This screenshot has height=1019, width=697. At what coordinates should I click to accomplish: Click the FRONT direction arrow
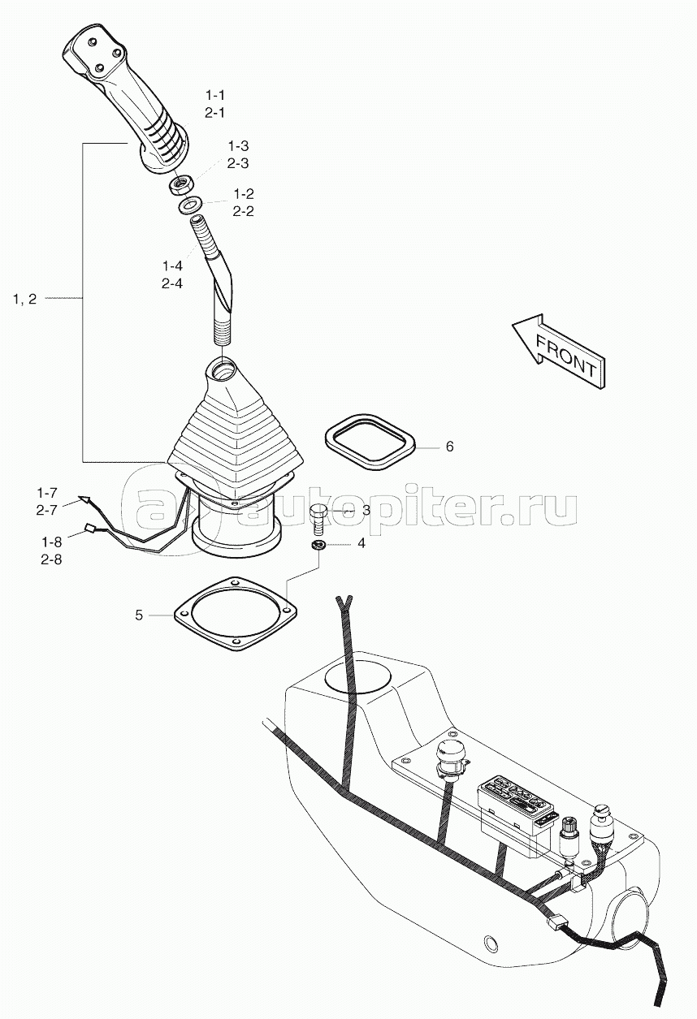pos(560,351)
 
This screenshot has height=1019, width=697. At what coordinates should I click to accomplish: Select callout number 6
pos(449,447)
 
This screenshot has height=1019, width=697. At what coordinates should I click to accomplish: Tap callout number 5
pos(139,615)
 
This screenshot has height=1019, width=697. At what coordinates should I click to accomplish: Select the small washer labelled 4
pos(318,546)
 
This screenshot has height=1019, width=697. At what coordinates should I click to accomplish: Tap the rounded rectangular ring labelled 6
pos(370,440)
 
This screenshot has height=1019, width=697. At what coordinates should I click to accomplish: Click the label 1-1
pos(215,96)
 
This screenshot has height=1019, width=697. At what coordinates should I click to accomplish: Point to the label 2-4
pos(172,283)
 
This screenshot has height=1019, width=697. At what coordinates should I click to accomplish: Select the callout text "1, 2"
pos(24,299)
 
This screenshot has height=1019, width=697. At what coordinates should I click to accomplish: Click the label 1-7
pos(47,493)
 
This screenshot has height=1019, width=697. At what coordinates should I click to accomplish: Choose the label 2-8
pos(51,559)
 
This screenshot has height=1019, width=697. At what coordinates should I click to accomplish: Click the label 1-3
pos(239,146)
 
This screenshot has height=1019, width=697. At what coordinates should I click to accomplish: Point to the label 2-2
pos(244,212)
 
